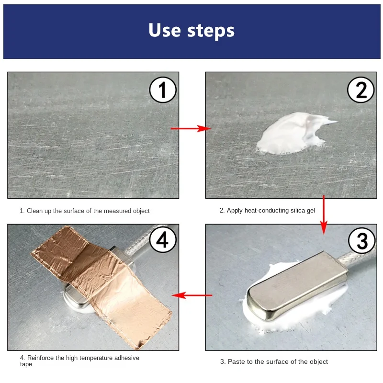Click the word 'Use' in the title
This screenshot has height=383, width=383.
click(165, 30)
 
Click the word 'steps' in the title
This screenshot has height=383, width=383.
click(211, 32)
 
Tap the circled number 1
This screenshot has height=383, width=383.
click(163, 90)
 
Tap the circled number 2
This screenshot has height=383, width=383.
click(360, 90)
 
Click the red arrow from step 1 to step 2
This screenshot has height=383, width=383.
click(191, 128)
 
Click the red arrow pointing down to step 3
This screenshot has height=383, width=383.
click(324, 214)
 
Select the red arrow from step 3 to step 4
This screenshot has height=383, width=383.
click(192, 295)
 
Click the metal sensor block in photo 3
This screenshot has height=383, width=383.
click(297, 284)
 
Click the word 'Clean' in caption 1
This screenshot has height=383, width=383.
click(34, 211)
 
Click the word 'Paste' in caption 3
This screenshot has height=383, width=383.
click(235, 361)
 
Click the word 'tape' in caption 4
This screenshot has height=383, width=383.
click(26, 364)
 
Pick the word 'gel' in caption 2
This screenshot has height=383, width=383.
click(310, 211)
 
